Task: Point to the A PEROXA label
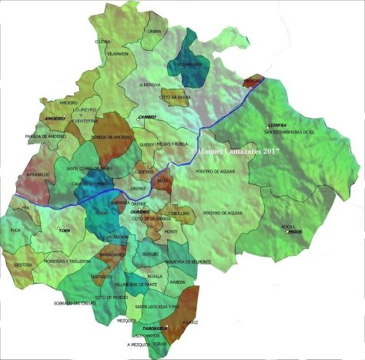click(152, 84)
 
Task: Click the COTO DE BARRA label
click(175, 97)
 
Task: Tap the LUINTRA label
click(277, 125)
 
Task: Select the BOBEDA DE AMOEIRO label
click(112, 136)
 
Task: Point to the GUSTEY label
click(147, 144)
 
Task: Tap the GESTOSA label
click(24, 264)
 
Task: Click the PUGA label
click(15, 230)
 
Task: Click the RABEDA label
click(176, 281)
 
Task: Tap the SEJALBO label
click(149, 253)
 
